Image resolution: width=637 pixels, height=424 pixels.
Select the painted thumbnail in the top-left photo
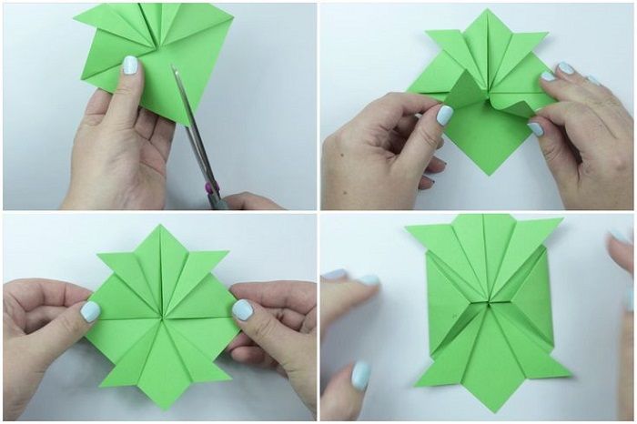pos(131,66)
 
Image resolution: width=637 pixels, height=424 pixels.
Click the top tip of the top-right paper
pos(489,11)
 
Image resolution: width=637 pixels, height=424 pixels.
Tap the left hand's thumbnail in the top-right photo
pos(444,116)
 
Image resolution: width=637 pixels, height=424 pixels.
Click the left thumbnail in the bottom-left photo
pos(90,311)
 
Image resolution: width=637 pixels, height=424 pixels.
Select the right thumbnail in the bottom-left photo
pos(241,310)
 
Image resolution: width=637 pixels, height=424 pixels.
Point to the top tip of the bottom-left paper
pos(159,226)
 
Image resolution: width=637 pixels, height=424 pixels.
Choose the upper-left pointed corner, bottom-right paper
pos(407,227)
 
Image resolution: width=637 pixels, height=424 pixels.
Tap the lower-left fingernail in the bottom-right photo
pos(360,375)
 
